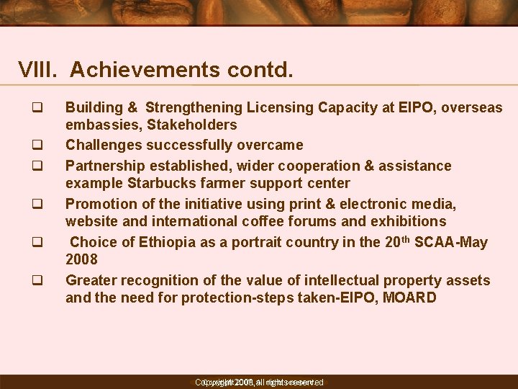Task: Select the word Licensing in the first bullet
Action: point(278,108)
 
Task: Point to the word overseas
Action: point(472,108)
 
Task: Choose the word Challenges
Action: point(101,146)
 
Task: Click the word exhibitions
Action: point(408,222)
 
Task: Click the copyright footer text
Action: point(259,382)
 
